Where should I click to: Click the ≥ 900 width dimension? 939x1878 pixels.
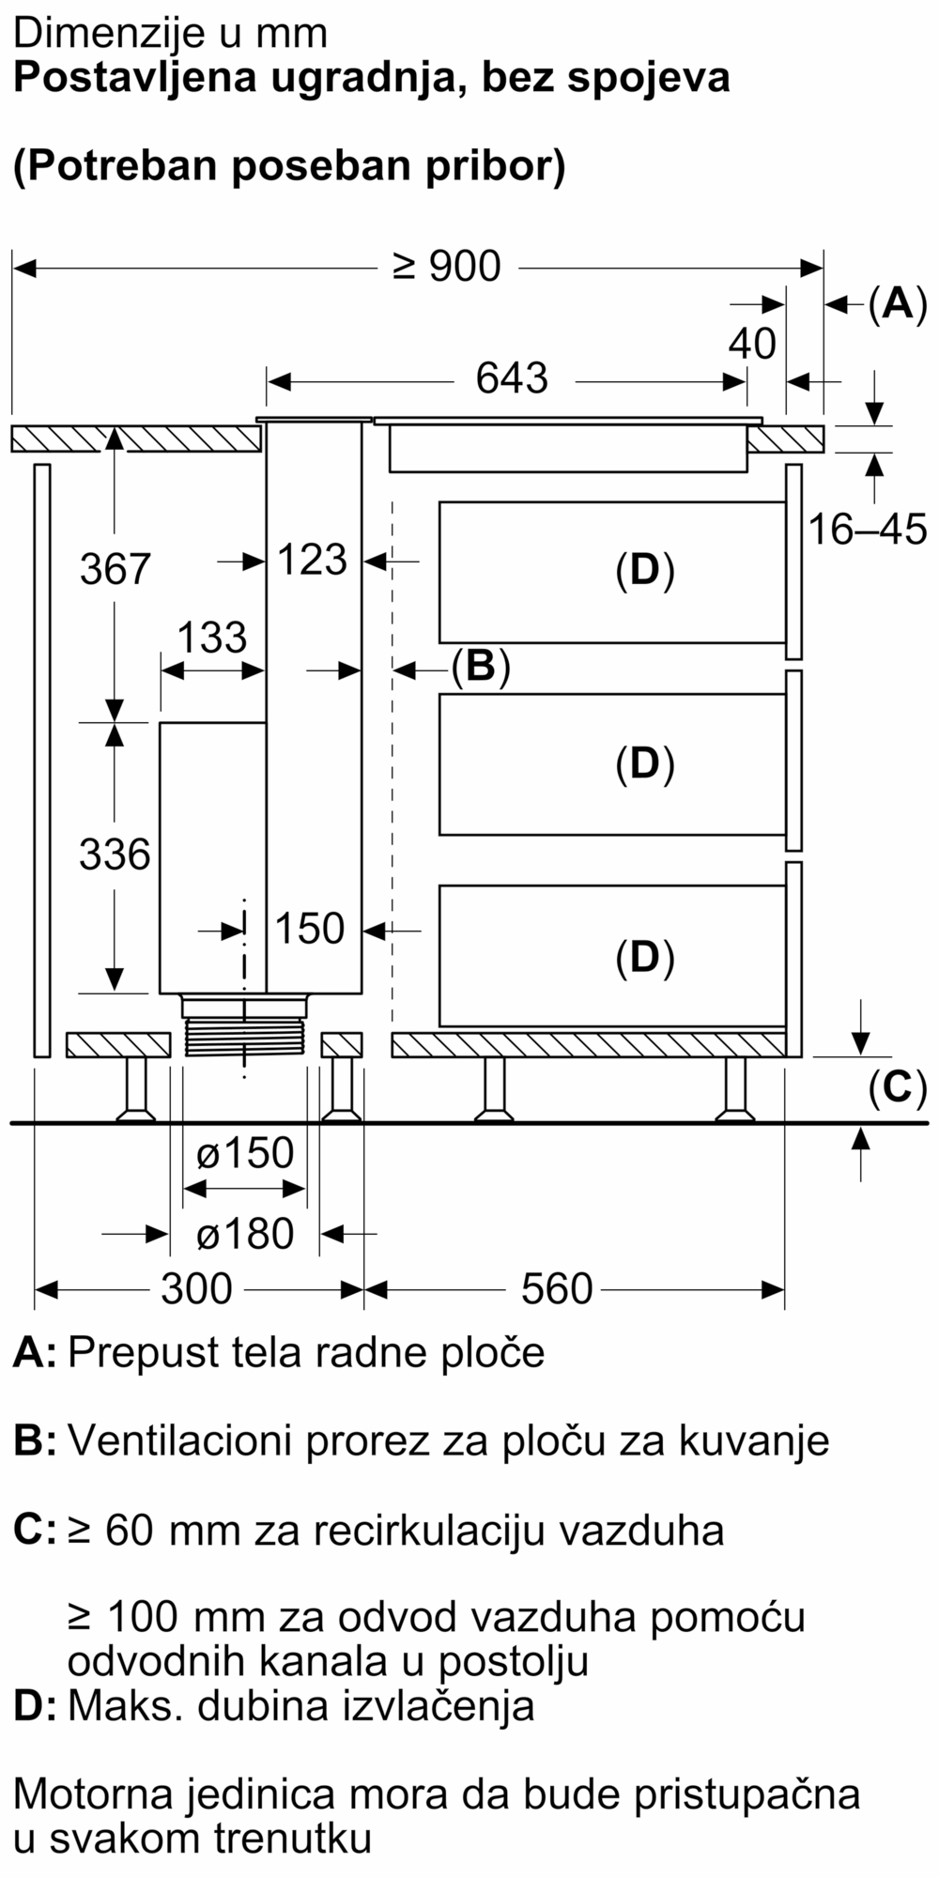click(x=447, y=268)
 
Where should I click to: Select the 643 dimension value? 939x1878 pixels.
click(x=512, y=378)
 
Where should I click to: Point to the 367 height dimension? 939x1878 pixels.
click(x=115, y=569)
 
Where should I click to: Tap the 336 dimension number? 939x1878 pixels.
click(x=115, y=854)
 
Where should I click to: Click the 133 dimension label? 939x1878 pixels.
click(x=212, y=639)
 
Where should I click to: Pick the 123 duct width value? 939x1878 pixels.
click(x=313, y=561)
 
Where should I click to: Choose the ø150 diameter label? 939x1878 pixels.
click(x=245, y=1153)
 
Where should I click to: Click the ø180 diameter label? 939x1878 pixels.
click(x=245, y=1234)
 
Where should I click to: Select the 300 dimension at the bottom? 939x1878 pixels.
click(x=196, y=1289)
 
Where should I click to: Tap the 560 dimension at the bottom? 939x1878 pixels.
click(x=557, y=1289)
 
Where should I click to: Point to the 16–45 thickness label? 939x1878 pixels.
click(x=867, y=531)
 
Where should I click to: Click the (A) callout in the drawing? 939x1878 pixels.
click(x=897, y=304)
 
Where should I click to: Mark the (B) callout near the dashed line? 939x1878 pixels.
click(x=480, y=668)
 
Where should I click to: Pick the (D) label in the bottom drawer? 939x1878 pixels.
click(x=645, y=957)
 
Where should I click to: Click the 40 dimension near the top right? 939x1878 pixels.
click(x=752, y=345)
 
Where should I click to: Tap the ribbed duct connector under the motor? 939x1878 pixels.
click(x=245, y=1039)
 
